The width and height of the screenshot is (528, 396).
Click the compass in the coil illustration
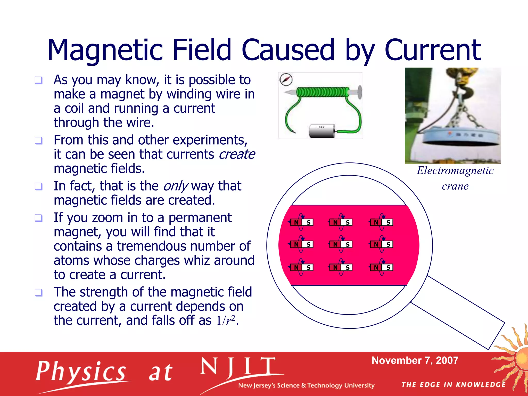point(286,79)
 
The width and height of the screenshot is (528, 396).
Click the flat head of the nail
point(360,92)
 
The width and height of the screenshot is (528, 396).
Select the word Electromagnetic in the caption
point(455,171)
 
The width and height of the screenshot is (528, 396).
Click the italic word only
point(176,186)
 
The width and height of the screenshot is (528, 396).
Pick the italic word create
point(237,154)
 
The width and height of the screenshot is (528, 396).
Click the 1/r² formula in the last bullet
point(226,320)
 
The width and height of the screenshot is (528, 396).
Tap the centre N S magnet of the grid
point(341,244)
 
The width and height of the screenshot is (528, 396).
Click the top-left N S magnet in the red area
point(302,222)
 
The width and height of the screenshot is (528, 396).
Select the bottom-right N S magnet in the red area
point(382,267)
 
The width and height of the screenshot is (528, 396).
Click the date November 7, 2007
point(415,360)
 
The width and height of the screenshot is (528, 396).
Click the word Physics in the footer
point(81,372)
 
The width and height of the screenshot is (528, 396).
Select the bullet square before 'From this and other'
point(38,141)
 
